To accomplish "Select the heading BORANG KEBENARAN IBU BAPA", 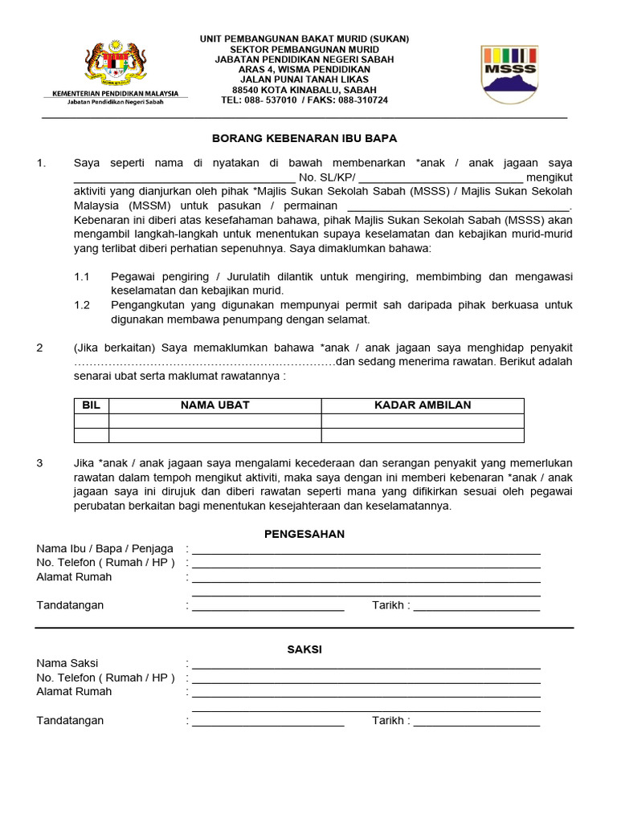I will [304, 139].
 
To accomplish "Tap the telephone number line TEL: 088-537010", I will [304, 100].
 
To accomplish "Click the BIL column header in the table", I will [91, 405].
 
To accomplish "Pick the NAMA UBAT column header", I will [215, 405].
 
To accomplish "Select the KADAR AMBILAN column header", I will [423, 405].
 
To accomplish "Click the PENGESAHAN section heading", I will [304, 534].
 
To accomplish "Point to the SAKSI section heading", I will [304, 649].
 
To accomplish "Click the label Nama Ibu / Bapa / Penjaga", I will [104, 548].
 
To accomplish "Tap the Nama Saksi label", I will [67, 663].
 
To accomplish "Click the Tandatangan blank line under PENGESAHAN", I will [268, 609].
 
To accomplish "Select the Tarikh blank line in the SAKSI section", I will [476, 725].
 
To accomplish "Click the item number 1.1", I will [81, 276].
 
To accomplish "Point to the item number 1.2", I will [81, 305].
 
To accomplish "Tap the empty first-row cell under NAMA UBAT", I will [215, 421].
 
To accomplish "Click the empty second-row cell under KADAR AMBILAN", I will [423, 435].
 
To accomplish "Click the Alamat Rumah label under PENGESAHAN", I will [74, 577].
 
